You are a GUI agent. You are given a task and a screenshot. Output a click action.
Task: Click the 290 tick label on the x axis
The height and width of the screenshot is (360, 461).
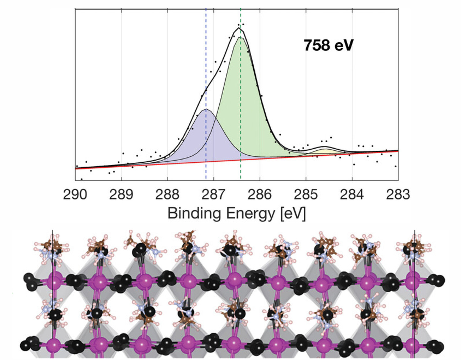click(x=75, y=195)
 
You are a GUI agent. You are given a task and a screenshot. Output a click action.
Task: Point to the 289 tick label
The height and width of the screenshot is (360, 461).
click(x=121, y=195)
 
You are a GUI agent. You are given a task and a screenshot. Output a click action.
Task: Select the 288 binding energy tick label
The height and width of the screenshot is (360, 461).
click(x=167, y=195)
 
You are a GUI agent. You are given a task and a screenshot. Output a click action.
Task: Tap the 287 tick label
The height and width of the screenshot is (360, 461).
click(x=213, y=195)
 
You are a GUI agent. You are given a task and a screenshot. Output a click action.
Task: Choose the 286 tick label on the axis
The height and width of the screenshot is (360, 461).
click(x=260, y=195)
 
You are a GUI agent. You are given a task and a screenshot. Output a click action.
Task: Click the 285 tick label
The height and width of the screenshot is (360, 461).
click(x=306, y=195)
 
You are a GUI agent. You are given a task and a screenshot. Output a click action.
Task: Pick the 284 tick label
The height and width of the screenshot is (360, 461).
click(x=352, y=195)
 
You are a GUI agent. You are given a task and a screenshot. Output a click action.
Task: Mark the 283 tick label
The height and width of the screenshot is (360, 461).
click(x=398, y=195)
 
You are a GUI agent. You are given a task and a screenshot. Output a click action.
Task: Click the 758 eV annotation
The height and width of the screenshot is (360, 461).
click(x=328, y=45)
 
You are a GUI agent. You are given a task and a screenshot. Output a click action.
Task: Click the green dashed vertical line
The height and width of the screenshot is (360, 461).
click(x=241, y=170)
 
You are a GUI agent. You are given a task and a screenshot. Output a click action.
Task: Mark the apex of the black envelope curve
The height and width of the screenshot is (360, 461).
click(x=239, y=28)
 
